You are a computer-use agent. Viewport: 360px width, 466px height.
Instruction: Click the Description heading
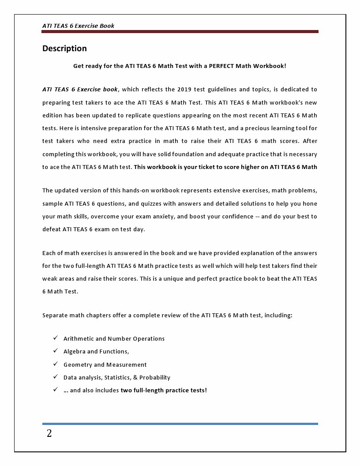coord(64,49)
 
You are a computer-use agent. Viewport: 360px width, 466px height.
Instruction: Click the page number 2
coord(49,434)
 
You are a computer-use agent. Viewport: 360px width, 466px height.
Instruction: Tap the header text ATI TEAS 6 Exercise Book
coord(78,26)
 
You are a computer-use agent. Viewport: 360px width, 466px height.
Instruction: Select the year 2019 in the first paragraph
coord(186,89)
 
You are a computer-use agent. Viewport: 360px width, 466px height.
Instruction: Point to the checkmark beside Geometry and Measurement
coord(56,364)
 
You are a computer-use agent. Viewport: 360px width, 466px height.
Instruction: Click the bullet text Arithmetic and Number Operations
coord(114,338)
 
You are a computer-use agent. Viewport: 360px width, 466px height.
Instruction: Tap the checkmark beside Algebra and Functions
coord(56,351)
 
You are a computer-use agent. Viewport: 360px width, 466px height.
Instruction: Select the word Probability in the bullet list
coord(154,377)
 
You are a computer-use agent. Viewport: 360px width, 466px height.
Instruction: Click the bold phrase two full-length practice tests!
coord(164,390)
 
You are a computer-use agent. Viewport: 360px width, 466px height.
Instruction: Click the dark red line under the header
coord(180,32)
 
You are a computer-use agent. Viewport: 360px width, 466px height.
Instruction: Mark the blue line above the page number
coord(180,424)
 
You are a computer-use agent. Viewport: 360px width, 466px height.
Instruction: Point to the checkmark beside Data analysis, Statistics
coord(56,377)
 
